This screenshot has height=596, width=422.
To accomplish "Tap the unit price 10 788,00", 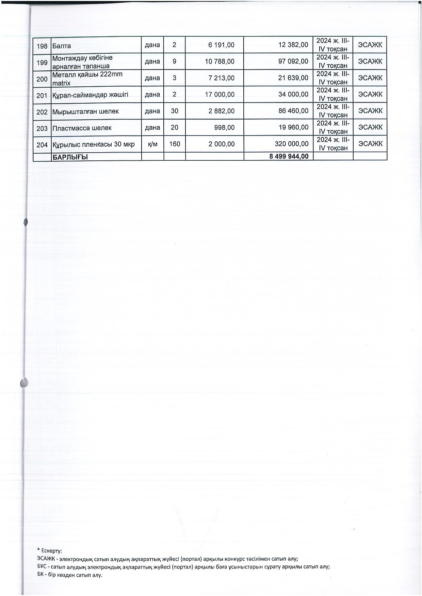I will coord(220,62).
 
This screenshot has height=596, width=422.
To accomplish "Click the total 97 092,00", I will coord(293,62).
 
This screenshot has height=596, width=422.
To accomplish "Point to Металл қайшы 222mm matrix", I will coord(87,78).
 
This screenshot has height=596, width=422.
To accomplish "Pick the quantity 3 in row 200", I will coord(174,78).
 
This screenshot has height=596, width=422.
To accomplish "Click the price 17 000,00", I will coord(220,94).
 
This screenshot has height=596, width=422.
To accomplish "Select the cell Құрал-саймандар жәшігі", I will coord(90,94).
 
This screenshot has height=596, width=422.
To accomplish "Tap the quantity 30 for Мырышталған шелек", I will coord(174,111).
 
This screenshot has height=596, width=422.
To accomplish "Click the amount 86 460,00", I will coord(293,111).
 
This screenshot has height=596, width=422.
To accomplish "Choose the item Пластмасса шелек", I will coord(82,128).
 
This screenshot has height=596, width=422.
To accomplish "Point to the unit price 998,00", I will coord(226,128).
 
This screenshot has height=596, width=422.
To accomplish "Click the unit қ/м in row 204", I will coord(152,144).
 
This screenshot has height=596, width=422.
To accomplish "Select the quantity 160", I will coord(174,144).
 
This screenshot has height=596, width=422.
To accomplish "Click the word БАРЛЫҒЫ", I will coord(69,157).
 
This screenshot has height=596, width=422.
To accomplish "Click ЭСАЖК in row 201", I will coord(370,94).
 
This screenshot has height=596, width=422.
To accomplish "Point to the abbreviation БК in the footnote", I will coord(41,575).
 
